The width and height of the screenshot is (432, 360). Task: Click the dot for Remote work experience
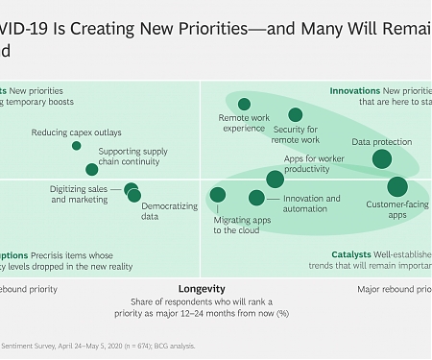[244, 104]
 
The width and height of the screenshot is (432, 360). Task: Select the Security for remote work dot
[296, 115]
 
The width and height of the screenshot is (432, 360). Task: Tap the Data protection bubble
[381, 159]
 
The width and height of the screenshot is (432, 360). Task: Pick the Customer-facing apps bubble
[397, 186]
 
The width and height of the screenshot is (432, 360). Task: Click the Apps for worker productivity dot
[275, 179]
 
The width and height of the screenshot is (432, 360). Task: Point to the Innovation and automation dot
[256, 198]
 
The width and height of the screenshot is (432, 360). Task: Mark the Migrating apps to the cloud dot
[218, 195]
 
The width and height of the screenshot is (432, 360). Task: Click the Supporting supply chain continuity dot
[92, 170]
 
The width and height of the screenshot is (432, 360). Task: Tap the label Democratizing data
[169, 211]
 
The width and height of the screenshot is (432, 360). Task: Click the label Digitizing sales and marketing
[80, 195]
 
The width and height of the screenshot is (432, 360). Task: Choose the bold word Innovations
[355, 91]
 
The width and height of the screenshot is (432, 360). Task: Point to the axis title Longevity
[202, 288]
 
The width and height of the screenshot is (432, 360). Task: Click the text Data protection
[381, 142]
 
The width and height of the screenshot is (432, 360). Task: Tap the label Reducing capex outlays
[76, 132]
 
